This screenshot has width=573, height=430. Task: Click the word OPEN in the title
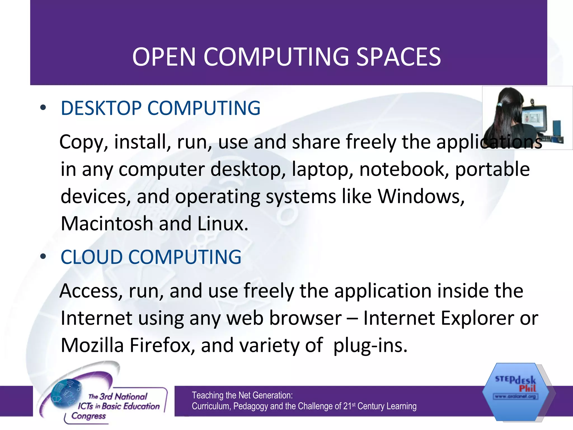pos(164,57)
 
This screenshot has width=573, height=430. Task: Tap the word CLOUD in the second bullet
pos(91,257)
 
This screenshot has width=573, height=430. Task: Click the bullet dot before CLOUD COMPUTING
pos(43,256)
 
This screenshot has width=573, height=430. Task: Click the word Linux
pos(223,224)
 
